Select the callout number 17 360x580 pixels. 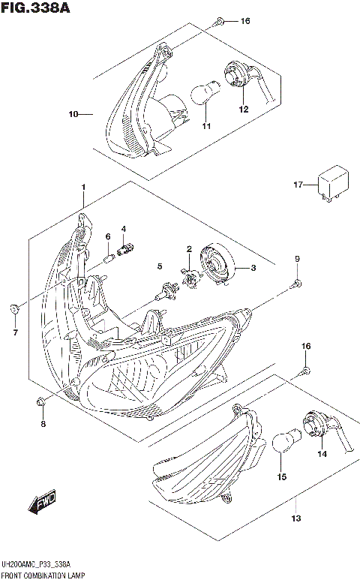[x=298, y=185]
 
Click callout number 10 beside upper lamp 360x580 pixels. [x=73, y=115]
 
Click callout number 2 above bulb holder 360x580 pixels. [x=189, y=249]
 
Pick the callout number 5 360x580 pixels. [x=159, y=266]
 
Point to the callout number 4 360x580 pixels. [x=123, y=228]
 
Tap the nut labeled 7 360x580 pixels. [x=14, y=308]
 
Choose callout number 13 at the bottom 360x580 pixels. [x=295, y=518]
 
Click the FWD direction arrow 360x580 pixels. [x=43, y=503]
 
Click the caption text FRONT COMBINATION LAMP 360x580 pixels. [x=42, y=574]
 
